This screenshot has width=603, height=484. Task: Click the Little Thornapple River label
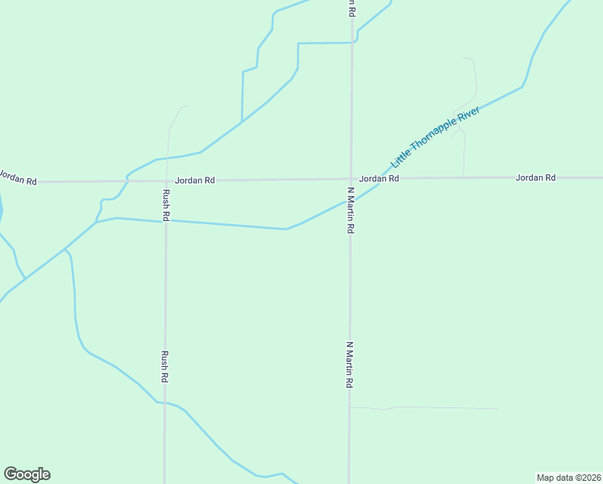435,136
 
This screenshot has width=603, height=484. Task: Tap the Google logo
27,474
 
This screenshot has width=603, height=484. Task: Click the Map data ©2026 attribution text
569,478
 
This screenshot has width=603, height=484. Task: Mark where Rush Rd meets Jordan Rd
166,181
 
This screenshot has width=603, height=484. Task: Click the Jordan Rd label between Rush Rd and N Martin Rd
195,181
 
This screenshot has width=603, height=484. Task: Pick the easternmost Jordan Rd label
535,177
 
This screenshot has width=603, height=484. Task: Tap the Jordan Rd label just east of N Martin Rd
379,178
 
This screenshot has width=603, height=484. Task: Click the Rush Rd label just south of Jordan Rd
165,205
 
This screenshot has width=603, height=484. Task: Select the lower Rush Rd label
164,365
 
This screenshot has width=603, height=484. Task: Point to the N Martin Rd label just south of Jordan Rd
351,211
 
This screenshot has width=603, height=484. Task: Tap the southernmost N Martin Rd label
350,365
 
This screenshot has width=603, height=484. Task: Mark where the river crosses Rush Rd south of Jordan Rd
165,221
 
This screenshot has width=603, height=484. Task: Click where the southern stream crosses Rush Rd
164,402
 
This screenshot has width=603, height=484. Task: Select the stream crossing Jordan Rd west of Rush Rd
128,181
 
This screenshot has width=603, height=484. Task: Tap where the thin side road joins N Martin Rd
350,407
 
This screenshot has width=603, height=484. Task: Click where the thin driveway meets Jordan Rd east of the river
464,177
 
